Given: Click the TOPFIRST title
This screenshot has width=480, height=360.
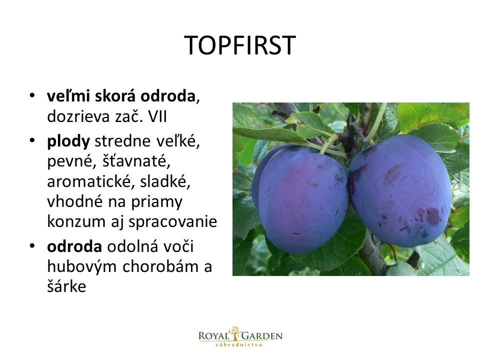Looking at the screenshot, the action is (240, 45).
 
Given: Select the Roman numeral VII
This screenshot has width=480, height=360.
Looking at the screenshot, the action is (157, 116).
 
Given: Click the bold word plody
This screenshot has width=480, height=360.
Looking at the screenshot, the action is (68, 141).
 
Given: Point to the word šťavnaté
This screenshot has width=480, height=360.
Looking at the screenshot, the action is (136, 161).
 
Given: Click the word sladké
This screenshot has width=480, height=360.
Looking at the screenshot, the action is (165, 182).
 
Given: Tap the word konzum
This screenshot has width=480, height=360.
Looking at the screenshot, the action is (76, 221).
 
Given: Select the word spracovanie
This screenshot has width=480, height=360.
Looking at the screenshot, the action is (172, 222).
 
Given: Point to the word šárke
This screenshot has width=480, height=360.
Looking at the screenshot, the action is (66, 286).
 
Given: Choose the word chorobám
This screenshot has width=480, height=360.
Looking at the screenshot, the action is (160, 266).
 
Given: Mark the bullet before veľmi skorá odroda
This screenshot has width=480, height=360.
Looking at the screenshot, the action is (32, 95).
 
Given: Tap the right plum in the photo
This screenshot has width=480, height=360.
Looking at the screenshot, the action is (400, 190).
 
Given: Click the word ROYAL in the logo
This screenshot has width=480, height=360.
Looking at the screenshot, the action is (213, 336).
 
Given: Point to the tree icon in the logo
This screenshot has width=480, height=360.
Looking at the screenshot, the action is (235, 333).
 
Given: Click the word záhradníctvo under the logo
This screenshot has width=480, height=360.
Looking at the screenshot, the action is (239, 344).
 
